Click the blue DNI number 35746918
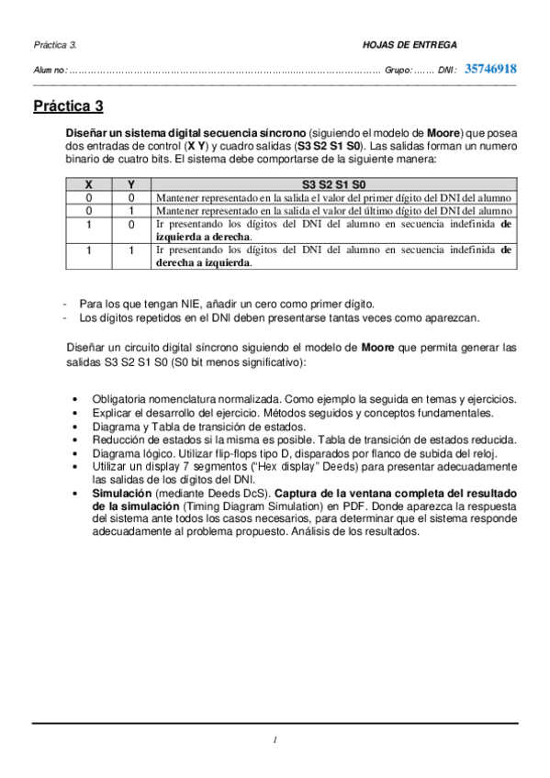pyautogui.click(x=490, y=69)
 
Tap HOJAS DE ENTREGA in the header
pyautogui.click(x=410, y=44)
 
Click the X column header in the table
pyautogui.click(x=88, y=184)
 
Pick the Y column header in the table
pyautogui.click(x=131, y=184)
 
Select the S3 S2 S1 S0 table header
pyautogui.click(x=333, y=184)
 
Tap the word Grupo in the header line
pyautogui.click(x=398, y=70)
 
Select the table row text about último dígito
pyautogui.click(x=333, y=210)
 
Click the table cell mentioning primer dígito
pyautogui.click(x=333, y=197)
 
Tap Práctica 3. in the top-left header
pyautogui.click(x=55, y=44)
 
